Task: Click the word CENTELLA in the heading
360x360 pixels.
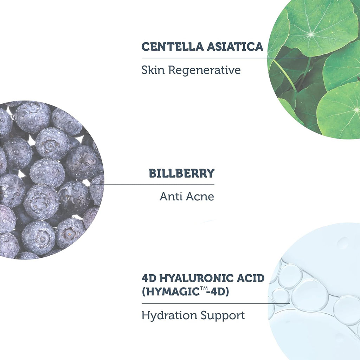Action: point(172,46)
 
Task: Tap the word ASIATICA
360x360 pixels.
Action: point(235,46)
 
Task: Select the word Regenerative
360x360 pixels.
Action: point(205,70)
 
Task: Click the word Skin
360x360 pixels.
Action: point(153,70)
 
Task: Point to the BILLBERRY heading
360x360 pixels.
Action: point(181,173)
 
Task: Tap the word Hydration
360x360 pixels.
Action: point(169,315)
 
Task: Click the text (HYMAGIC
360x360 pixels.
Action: point(171,292)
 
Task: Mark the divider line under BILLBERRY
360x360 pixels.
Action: point(153,184)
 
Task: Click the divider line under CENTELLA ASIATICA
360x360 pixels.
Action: point(224,58)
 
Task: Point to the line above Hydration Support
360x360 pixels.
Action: point(216,303)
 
